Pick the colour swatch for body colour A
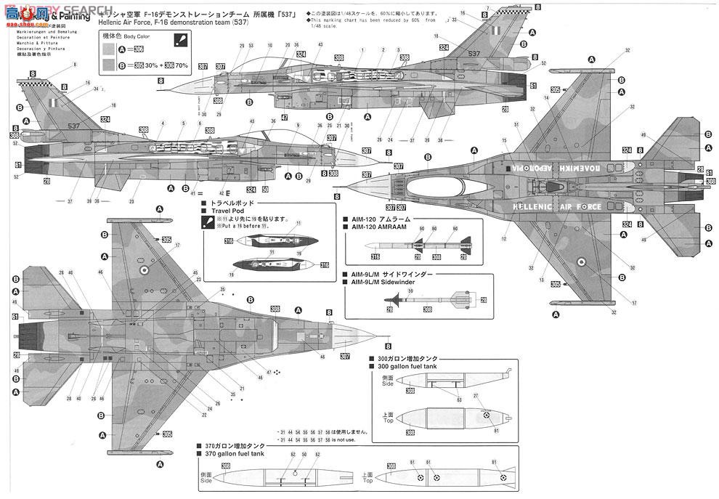click(110, 49)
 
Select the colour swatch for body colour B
click(110, 65)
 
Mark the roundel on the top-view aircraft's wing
click(581, 262)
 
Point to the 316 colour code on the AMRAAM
click(375, 256)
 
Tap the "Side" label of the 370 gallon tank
click(206, 479)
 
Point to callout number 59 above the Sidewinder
click(410, 291)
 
